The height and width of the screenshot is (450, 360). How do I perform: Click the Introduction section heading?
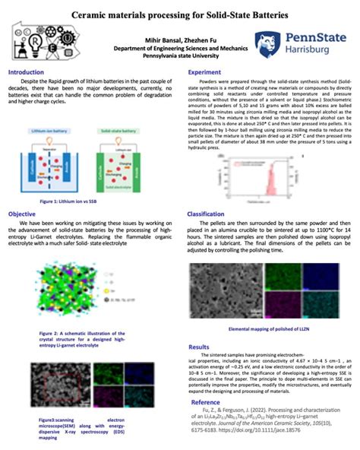coord(26,72)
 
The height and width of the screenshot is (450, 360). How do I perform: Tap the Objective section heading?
coord(21,214)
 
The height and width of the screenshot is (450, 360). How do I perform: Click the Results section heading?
coord(198,346)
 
